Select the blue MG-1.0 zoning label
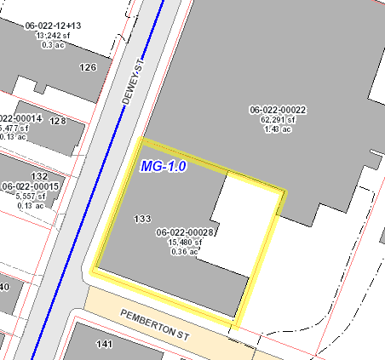point(163,166)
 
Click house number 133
point(142,219)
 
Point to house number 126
point(87,66)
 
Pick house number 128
point(58,121)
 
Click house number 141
point(105,344)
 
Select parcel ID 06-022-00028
point(184,232)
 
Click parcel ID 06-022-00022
point(278,109)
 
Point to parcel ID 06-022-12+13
point(58,26)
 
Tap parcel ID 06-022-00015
point(30,186)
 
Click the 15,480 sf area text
point(185,242)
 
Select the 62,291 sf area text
point(278,119)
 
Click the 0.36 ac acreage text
point(185,251)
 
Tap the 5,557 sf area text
point(30,195)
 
